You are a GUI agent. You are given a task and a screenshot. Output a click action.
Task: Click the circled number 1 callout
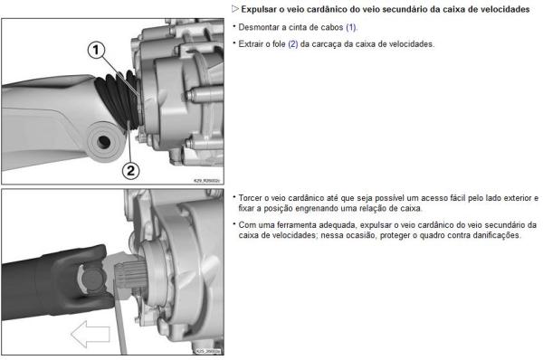coord(96,50)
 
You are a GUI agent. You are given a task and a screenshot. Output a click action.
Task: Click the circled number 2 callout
coord(130,171)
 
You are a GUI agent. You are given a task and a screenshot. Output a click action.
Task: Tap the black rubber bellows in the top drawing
coord(119,97)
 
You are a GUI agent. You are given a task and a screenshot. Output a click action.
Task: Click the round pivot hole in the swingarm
coord(103,142)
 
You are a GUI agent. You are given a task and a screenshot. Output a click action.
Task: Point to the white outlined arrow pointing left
coord(90,334)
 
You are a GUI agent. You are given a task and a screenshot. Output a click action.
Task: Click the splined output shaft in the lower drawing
coord(131,275)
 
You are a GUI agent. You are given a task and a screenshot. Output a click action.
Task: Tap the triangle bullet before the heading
coord(235,9)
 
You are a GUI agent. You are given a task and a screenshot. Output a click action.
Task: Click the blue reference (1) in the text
coord(351,27)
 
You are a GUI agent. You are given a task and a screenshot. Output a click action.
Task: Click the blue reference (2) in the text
coord(293,44)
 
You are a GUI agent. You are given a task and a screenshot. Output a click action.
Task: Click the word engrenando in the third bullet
coord(308,208)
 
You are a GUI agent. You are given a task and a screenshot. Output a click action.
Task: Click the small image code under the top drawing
coord(206,181)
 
